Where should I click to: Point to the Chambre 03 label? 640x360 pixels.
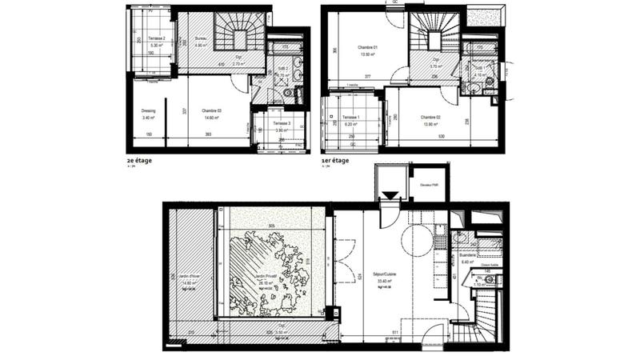(211, 110)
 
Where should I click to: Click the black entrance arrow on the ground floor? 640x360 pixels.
(390, 196)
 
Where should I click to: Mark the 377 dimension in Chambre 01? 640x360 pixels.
(368, 77)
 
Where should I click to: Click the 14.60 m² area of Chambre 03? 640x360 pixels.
(211, 117)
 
